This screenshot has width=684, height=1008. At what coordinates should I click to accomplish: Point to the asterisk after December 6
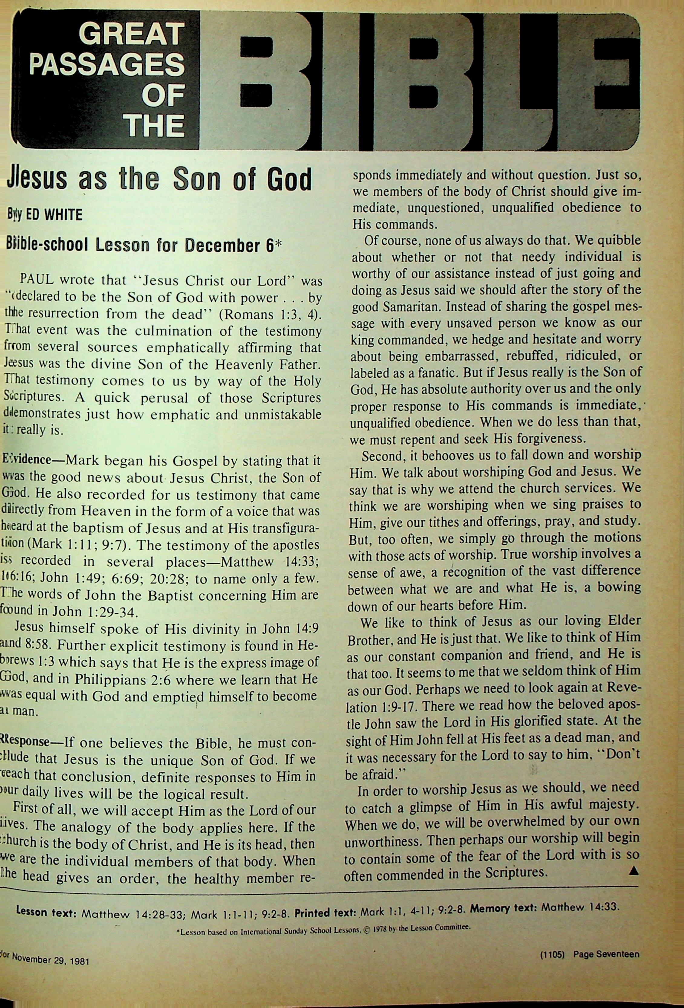coord(278,245)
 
